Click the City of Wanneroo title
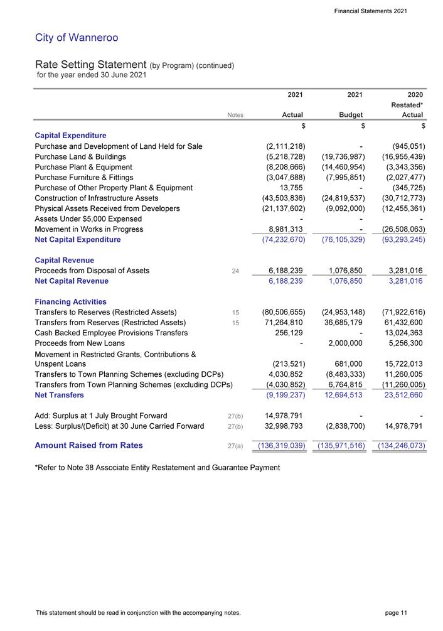[77, 38]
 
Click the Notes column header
[235, 116]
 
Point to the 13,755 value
[291, 188]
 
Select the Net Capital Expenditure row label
[78, 240]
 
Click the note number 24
[236, 271]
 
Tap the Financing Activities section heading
[70, 302]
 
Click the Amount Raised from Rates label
[88, 446]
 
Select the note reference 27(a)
[236, 446]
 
